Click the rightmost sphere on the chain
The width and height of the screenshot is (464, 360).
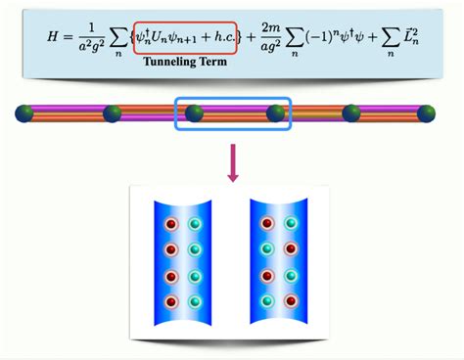click(427, 113)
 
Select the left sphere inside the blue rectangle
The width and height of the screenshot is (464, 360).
click(195, 113)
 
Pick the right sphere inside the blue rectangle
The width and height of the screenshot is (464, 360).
click(277, 113)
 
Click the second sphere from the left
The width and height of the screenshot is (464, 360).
click(113, 113)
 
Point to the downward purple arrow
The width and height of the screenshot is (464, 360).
click(233, 162)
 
